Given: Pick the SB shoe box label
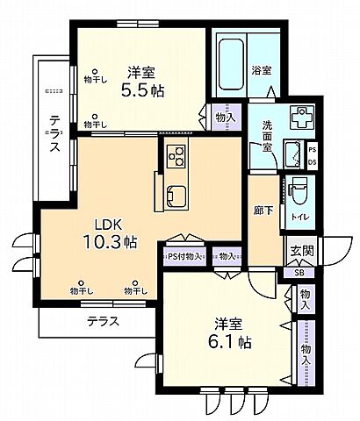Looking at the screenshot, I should [299, 273].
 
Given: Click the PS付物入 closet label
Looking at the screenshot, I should [184, 257].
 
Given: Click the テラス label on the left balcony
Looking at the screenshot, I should [54, 134].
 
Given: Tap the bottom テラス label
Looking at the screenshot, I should [104, 321].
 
